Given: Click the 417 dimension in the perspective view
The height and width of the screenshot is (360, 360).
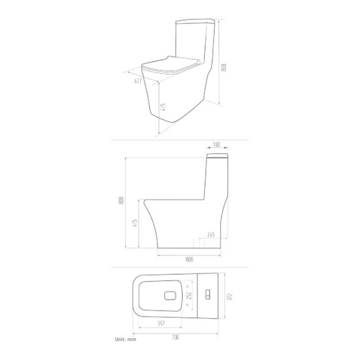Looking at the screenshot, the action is [x=138, y=81].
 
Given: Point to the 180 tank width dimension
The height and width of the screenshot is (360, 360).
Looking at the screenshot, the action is [x=217, y=145].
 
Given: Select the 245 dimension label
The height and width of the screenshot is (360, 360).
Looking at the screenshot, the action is [x=211, y=235].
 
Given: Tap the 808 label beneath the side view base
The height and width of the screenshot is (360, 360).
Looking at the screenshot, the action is [x=189, y=259].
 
